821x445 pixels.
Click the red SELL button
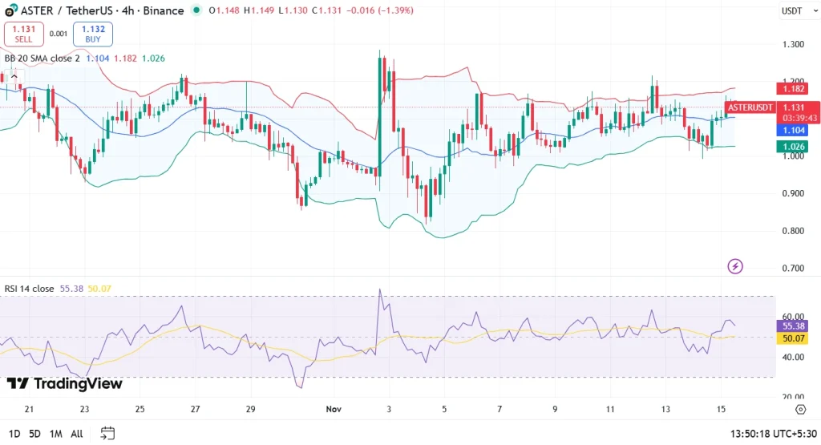24,34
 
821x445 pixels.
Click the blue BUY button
93,34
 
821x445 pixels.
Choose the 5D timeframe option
34,434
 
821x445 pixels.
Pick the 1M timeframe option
55,434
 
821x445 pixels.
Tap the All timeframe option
76,434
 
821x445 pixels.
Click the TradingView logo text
65,384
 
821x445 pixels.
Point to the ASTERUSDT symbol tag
754,107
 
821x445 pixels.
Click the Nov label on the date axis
334,409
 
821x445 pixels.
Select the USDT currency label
791,10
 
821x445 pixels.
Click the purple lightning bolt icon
734,266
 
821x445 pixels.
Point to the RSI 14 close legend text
30,288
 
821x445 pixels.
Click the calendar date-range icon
107,434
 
